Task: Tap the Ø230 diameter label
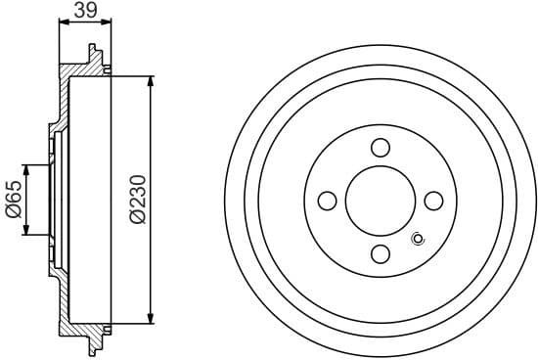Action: tap(137, 201)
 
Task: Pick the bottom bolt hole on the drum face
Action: tap(381, 254)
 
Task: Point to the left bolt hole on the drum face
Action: tap(328, 201)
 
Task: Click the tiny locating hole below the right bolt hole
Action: tap(420, 238)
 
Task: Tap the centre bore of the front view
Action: tap(381, 201)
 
